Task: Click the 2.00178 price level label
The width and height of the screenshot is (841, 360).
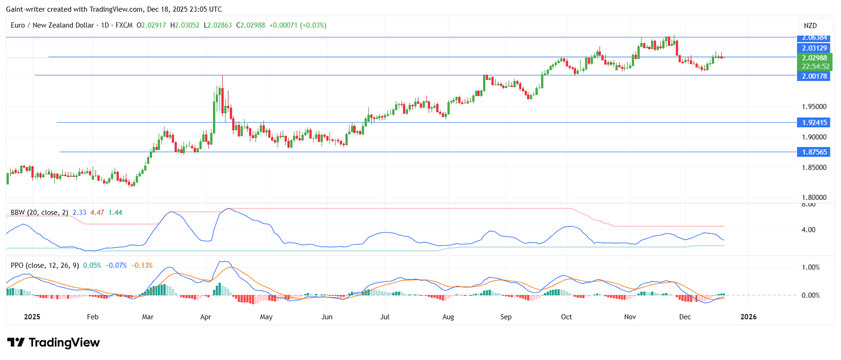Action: coord(813,76)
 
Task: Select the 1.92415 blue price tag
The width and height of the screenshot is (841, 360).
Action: coord(813,123)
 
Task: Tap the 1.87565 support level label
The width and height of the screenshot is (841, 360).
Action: coord(813,152)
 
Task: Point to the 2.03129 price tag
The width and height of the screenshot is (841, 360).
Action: coord(813,48)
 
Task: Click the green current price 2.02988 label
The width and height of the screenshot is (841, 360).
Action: coord(813,58)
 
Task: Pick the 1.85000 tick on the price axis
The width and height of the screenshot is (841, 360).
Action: coord(813,168)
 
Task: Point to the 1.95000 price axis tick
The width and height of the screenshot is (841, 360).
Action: coord(813,107)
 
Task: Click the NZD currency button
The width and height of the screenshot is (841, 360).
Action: coord(810,26)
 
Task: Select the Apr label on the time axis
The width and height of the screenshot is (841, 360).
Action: coord(205,317)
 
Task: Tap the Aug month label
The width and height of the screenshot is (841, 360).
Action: coord(448,317)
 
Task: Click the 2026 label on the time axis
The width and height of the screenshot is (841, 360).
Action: coord(748,317)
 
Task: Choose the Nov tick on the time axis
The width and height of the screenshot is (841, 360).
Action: coord(630,317)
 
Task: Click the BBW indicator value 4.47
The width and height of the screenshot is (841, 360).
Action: coord(97,213)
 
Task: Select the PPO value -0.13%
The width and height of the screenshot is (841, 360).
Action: coord(142,265)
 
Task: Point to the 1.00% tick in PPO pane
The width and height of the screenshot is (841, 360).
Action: coord(810,267)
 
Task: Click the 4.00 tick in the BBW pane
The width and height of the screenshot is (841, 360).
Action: coord(808,230)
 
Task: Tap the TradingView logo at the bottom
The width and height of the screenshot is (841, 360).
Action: coord(53,343)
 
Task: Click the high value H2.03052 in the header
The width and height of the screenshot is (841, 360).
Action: coord(185,25)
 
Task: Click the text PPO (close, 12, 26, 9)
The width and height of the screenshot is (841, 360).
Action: coord(44,265)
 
